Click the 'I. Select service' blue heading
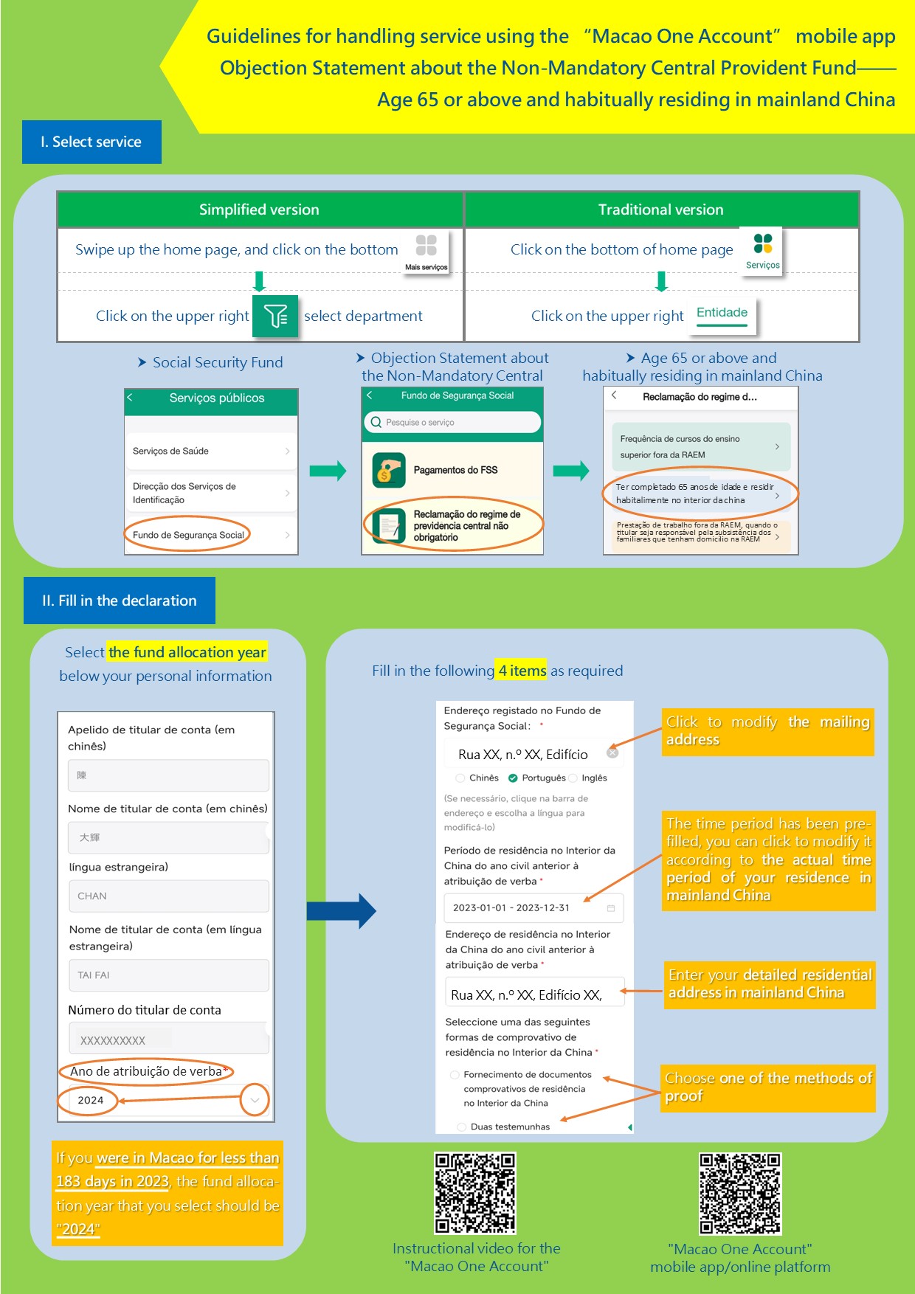(91, 142)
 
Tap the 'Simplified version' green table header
(260, 210)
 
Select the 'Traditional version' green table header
(661, 210)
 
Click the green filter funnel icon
(275, 316)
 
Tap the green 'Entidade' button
(722, 313)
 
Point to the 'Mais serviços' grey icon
(427, 251)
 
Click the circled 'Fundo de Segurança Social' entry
(188, 535)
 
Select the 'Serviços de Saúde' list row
(211, 451)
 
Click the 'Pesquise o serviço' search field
(452, 422)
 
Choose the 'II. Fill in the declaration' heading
(120, 601)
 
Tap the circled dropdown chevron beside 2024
(255, 1100)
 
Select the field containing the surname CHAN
(169, 896)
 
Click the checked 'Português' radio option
(513, 778)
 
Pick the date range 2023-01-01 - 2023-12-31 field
(534, 908)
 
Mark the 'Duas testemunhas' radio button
(462, 1127)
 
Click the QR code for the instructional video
(475, 1193)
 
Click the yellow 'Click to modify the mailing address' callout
(767, 730)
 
